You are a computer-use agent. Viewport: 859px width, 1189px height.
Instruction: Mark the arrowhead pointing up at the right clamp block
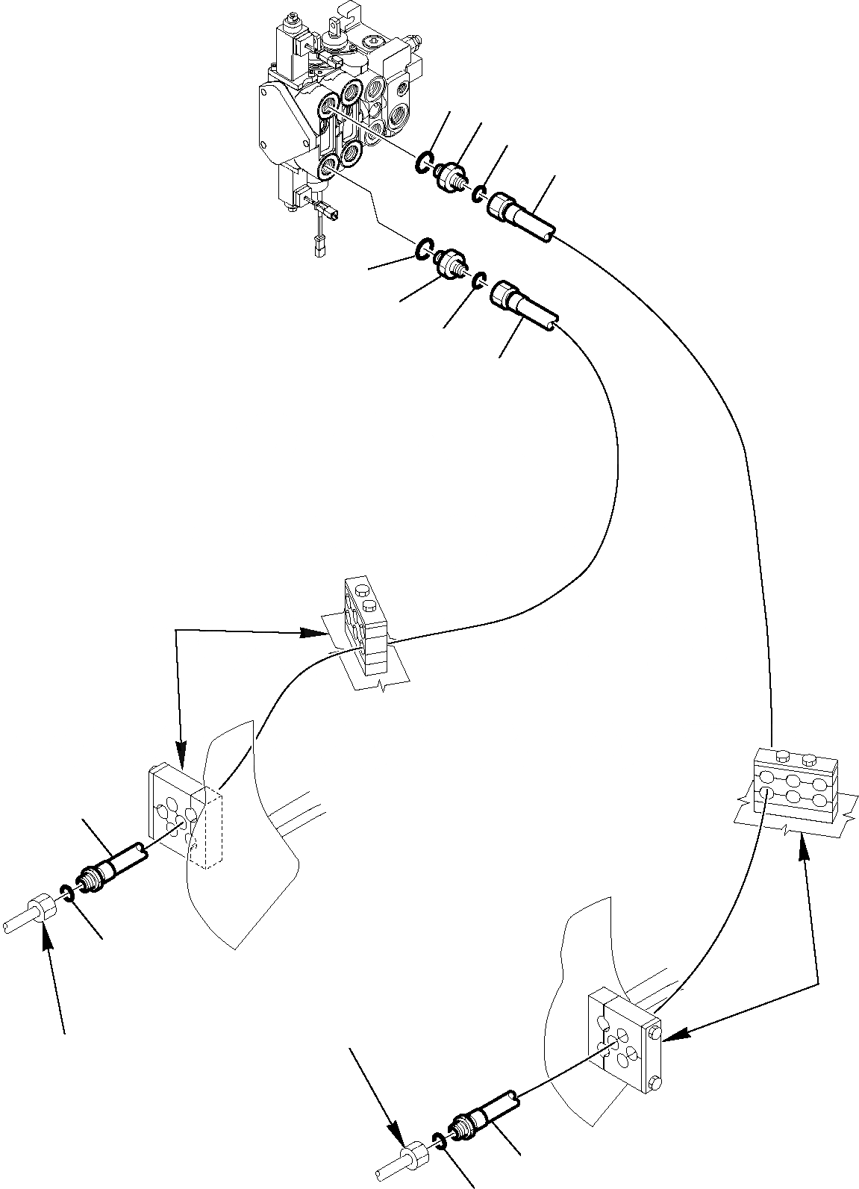pyautogui.click(x=804, y=841)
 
